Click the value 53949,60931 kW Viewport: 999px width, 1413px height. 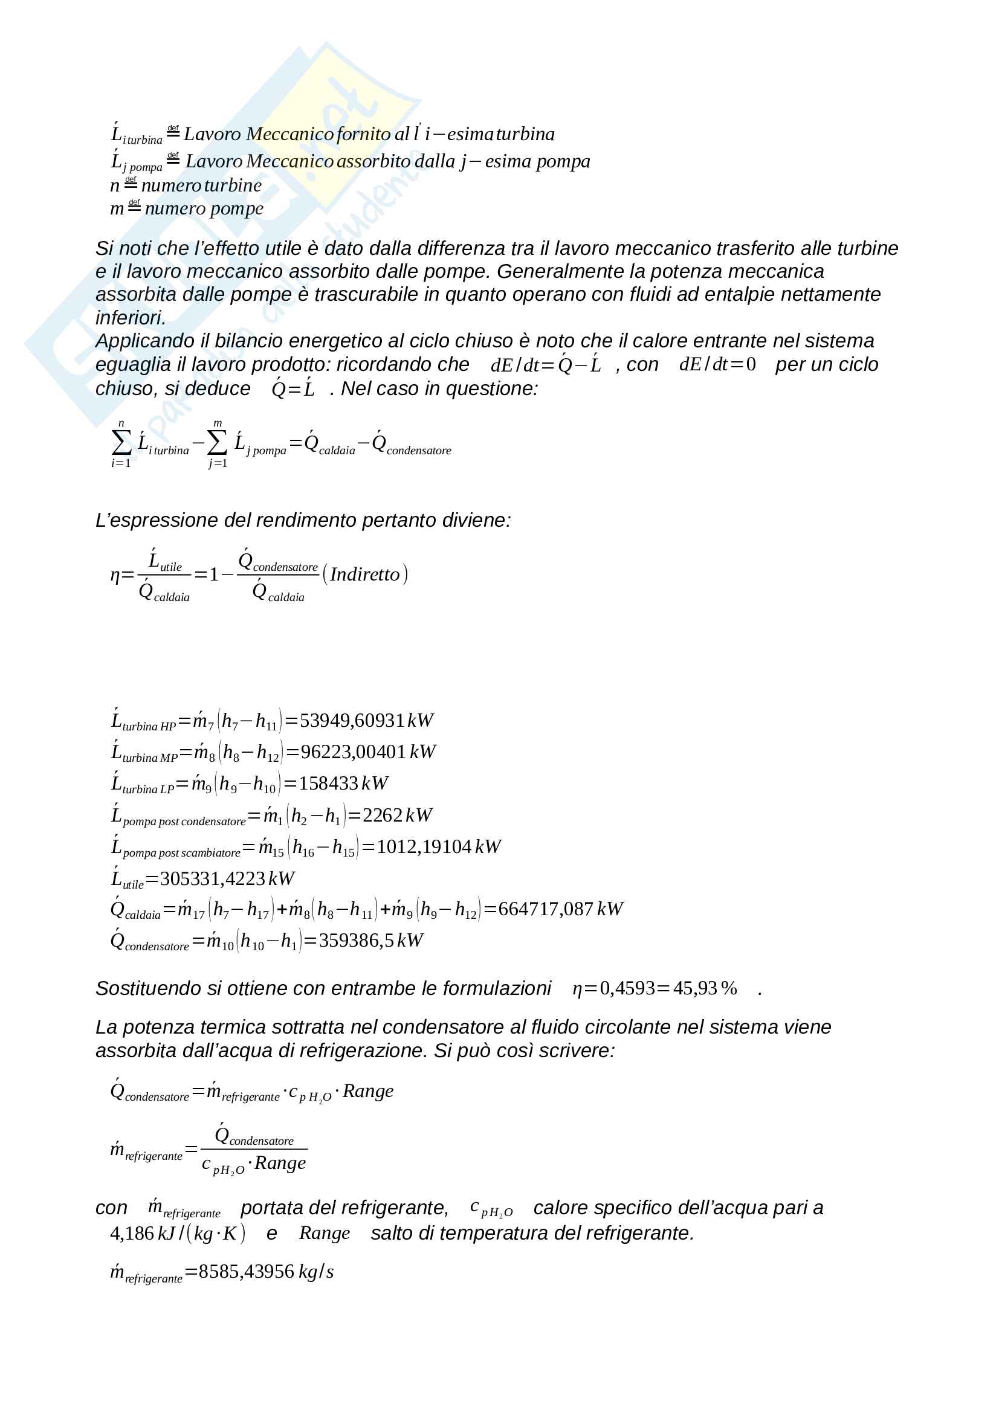(x=366, y=721)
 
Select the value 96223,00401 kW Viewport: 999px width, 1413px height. (x=368, y=752)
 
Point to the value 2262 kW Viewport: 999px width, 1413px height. (x=397, y=816)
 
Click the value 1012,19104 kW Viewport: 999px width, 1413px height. (x=438, y=847)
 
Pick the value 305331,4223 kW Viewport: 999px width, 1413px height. (x=227, y=879)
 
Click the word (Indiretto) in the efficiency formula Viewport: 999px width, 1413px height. (x=365, y=574)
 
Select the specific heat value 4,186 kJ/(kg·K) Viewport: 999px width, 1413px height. (x=177, y=1233)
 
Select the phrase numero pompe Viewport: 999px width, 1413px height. (x=204, y=208)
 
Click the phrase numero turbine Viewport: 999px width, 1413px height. (x=201, y=185)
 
